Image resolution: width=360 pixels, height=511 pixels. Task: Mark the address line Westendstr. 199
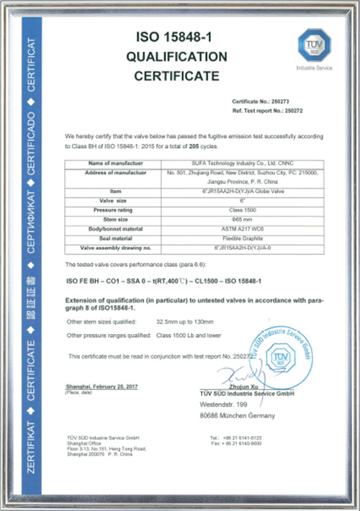coord(230,404)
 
